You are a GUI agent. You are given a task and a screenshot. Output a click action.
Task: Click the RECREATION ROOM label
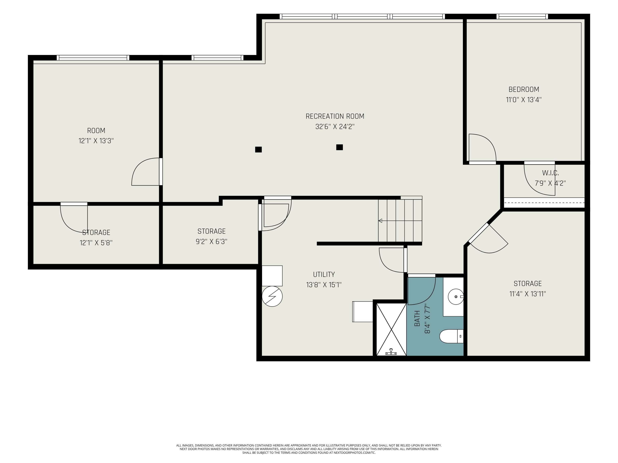pyautogui.click(x=335, y=116)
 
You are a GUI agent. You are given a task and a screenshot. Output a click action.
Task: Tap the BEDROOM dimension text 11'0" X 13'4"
pyautogui.click(x=524, y=100)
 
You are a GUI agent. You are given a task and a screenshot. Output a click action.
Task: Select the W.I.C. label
pyautogui.click(x=550, y=173)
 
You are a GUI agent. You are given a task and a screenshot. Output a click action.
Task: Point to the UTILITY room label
pyautogui.click(x=324, y=274)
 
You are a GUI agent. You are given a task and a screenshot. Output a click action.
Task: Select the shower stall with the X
pyautogui.click(x=391, y=329)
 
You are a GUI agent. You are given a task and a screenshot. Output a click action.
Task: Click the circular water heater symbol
pyautogui.click(x=272, y=296)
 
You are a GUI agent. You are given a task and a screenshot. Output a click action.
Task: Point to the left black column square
pyautogui.click(x=259, y=150)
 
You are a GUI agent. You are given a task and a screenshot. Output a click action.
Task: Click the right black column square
pyautogui.click(x=339, y=147)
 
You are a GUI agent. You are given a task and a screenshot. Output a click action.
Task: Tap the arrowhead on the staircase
pyautogui.click(x=380, y=221)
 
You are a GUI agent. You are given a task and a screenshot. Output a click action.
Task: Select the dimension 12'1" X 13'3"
pyautogui.click(x=96, y=141)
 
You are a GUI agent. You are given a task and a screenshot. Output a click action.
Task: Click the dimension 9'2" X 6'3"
pyautogui.click(x=212, y=241)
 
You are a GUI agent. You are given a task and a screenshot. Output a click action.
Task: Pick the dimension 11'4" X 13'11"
pyautogui.click(x=528, y=294)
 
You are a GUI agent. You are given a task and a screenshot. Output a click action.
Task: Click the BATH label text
pyautogui.click(x=417, y=318)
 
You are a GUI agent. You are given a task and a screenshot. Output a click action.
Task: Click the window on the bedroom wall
pyautogui.click(x=522, y=16)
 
